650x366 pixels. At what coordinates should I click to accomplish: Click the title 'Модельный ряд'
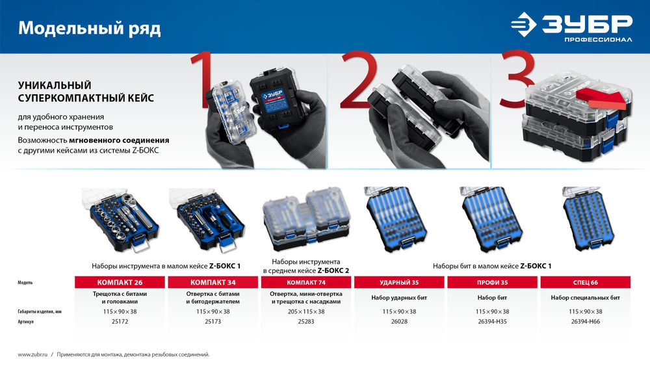pyautogui.click(x=90, y=28)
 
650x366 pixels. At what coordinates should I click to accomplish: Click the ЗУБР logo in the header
pyautogui.click(x=571, y=27)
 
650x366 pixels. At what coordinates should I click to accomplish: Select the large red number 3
pyautogui.click(x=517, y=79)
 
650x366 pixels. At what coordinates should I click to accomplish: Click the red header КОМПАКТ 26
pyautogui.click(x=120, y=282)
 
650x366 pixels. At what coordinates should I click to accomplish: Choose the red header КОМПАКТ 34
pyautogui.click(x=213, y=282)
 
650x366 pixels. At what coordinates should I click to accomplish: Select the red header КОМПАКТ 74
pyautogui.click(x=306, y=282)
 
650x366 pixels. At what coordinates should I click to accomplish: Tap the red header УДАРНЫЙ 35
pyautogui.click(x=399, y=282)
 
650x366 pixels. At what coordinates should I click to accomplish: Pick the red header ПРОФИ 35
pyautogui.click(x=493, y=282)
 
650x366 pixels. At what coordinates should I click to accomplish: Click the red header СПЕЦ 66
pyautogui.click(x=586, y=282)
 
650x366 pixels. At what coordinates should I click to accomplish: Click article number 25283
pyautogui.click(x=306, y=321)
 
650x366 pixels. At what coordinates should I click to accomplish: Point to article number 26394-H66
pyautogui.click(x=586, y=321)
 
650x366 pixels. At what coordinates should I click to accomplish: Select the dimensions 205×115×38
pyautogui.click(x=306, y=311)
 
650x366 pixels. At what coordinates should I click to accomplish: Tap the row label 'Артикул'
pyautogui.click(x=26, y=322)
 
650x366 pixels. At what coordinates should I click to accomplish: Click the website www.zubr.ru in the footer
pyautogui.click(x=32, y=354)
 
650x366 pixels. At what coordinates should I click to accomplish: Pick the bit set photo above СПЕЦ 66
pyautogui.click(x=588, y=219)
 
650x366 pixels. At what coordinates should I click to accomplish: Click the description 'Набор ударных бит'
pyautogui.click(x=399, y=298)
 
